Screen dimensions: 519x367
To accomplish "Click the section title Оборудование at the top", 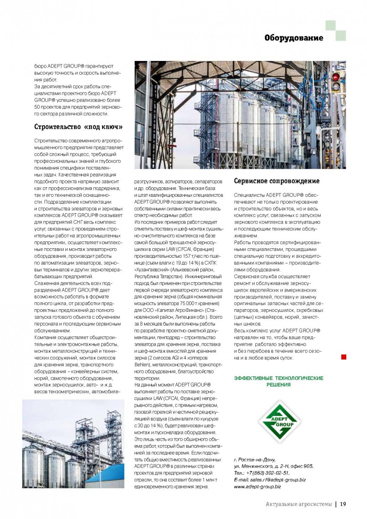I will coord(294,38).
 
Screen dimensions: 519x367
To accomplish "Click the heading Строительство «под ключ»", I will coord(78,126).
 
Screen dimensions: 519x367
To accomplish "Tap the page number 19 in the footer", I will coord(343,503).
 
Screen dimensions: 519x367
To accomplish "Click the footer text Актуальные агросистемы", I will coord(300,503).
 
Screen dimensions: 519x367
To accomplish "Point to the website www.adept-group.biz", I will coord(257,487).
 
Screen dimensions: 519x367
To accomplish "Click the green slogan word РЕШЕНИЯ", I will coord(278,384).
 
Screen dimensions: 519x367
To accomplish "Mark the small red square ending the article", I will coord(343,357).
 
